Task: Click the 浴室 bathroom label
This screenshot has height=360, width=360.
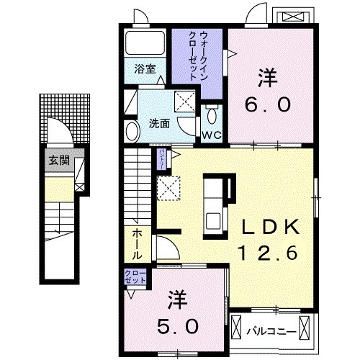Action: pos(145,70)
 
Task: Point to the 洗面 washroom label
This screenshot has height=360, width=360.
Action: pos(159,123)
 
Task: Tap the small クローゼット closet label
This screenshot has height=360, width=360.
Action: pos(134,276)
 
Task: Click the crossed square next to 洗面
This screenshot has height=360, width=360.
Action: pos(184,102)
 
